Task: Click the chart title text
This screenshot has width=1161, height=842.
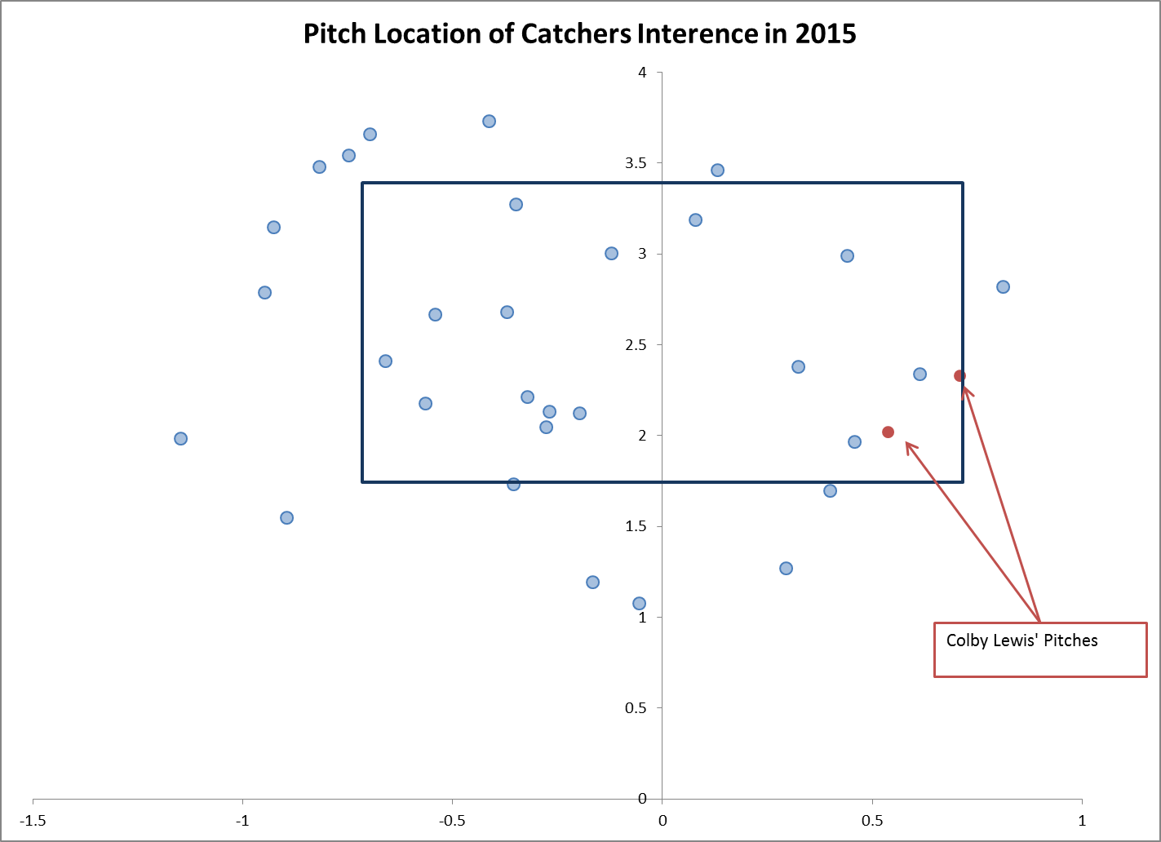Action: [x=579, y=33]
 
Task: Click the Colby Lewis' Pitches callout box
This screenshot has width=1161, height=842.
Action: [x=1039, y=649]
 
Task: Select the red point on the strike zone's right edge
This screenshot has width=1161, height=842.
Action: [x=959, y=376]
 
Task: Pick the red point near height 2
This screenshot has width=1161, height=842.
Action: [x=888, y=432]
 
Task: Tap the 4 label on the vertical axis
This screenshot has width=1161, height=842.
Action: [x=643, y=73]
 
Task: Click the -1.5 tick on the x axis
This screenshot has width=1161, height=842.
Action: [x=33, y=821]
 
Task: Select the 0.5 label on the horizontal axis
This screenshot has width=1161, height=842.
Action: [x=872, y=821]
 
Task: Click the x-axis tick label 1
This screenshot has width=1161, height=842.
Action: [x=1082, y=821]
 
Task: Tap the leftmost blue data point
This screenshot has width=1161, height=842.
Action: [x=180, y=439]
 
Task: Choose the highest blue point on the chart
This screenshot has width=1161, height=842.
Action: [x=489, y=122]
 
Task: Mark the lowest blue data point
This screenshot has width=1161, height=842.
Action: [x=639, y=604]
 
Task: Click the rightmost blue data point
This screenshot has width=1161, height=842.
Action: [x=1003, y=287]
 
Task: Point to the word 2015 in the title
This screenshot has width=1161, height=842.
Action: [x=825, y=33]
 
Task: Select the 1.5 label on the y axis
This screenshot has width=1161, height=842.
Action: [x=636, y=526]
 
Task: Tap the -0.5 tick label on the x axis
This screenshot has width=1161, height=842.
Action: [x=451, y=821]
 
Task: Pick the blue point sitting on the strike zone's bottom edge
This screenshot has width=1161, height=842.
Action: [x=513, y=485]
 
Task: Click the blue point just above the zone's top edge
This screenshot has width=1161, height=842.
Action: [x=717, y=171]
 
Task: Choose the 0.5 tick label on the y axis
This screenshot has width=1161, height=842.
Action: [x=636, y=708]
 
